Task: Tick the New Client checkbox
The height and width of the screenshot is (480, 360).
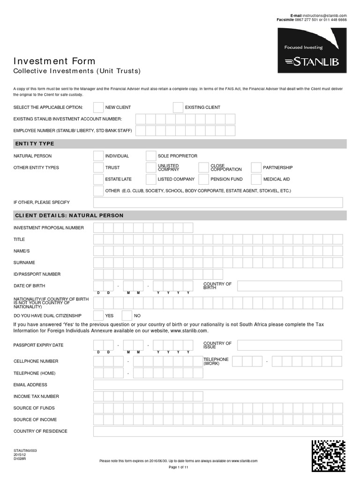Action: pyautogui.click(x=98, y=107)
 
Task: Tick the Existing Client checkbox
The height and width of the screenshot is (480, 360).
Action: pyautogui.click(x=178, y=107)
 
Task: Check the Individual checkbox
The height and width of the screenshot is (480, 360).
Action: pyautogui.click(x=98, y=156)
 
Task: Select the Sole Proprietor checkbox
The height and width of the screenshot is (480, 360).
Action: pyautogui.click(x=151, y=156)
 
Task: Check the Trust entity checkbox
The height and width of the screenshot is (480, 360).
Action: pyautogui.click(x=98, y=167)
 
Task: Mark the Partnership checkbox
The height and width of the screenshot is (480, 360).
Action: pyautogui.click(x=256, y=167)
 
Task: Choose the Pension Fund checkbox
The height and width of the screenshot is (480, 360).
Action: pyautogui.click(x=203, y=179)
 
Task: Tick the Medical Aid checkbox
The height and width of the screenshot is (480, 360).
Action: pyautogui.click(x=256, y=179)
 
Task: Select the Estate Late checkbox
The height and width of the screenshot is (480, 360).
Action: pyautogui.click(x=98, y=179)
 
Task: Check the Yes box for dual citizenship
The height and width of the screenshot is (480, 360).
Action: pyautogui.click(x=98, y=315)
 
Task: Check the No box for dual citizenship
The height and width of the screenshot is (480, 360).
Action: pyautogui.click(x=127, y=315)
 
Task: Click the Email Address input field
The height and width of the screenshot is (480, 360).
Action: pyautogui.click(x=218, y=385)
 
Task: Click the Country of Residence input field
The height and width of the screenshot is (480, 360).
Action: pyautogui.click(x=218, y=431)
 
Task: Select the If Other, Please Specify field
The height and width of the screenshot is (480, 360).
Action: pyautogui.click(x=218, y=202)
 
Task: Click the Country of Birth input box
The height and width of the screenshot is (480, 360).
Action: pyautogui.click(x=290, y=286)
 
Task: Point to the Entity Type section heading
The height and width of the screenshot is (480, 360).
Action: pyautogui.click(x=35, y=144)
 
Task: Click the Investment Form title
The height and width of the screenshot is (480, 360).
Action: pyautogui.click(x=54, y=61)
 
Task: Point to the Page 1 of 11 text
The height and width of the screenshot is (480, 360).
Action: pyautogui.click(x=178, y=467)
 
